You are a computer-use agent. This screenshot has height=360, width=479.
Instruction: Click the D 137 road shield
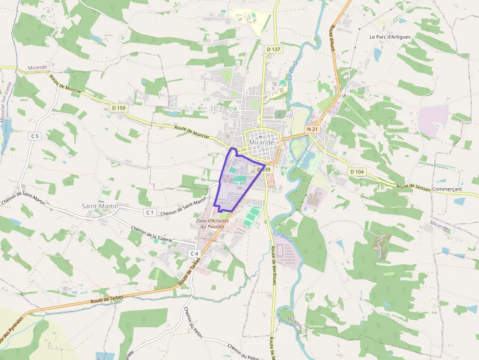(274, 49)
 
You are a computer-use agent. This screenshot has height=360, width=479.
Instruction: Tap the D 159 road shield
(118, 107)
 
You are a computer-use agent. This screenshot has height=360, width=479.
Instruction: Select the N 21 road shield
(312, 129)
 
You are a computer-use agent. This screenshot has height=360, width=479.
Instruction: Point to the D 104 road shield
(357, 172)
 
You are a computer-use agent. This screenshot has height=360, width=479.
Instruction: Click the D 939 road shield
(262, 169)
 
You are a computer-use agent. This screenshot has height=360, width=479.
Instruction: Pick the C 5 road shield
(34, 136)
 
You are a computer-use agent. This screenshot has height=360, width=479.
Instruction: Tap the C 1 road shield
(150, 212)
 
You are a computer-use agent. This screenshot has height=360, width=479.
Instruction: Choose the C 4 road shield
(194, 254)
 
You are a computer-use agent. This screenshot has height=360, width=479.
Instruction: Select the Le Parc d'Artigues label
(390, 37)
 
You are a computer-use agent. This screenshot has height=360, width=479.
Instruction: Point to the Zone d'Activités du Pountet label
(212, 224)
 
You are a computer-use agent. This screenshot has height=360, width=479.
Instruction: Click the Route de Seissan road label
(414, 187)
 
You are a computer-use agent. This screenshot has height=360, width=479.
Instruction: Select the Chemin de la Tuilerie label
(152, 233)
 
